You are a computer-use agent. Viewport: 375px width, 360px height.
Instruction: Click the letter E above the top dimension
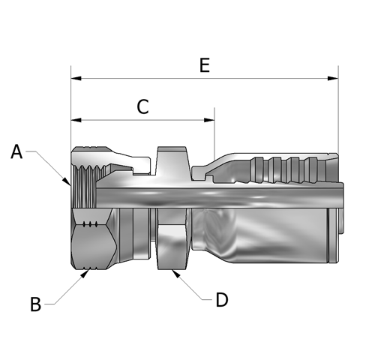[205, 65]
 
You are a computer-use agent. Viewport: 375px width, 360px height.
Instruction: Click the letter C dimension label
[142, 106]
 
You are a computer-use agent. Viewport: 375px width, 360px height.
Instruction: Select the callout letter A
[16, 151]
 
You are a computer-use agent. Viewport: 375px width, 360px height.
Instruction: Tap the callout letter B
[35, 304]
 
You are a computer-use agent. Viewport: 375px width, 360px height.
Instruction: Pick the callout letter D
[222, 300]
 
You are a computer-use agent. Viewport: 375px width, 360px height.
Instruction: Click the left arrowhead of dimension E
[76, 79]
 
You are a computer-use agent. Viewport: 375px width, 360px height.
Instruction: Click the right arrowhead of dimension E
[333, 79]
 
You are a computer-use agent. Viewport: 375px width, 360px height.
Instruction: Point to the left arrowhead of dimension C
[76, 120]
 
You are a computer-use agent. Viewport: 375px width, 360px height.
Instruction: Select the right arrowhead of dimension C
[209, 120]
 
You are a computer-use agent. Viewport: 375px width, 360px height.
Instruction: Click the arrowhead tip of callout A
[70, 185]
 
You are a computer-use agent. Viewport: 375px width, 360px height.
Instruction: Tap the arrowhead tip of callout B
[88, 270]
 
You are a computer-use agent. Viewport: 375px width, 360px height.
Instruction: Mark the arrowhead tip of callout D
[172, 270]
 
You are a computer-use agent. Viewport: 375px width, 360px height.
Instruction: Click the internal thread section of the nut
[85, 187]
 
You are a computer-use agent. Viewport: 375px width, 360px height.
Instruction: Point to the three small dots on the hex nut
[90, 224]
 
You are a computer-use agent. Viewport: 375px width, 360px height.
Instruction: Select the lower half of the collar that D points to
[172, 247]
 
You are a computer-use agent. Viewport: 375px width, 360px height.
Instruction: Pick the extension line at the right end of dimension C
[214, 133]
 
